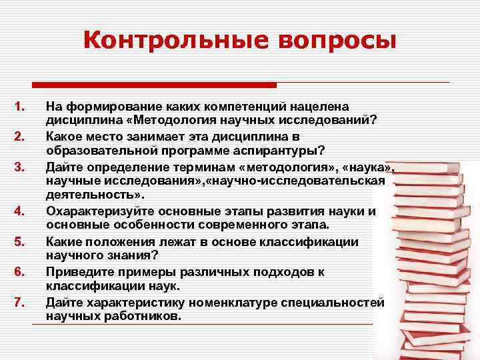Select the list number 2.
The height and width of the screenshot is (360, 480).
pyautogui.click(x=19, y=137)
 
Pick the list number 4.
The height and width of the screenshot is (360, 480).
pyautogui.click(x=19, y=212)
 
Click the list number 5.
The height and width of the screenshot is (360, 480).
pyautogui.click(x=19, y=242)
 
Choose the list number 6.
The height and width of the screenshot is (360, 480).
pyautogui.click(x=19, y=272)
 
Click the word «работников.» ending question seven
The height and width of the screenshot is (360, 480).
pyautogui.click(x=144, y=317)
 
